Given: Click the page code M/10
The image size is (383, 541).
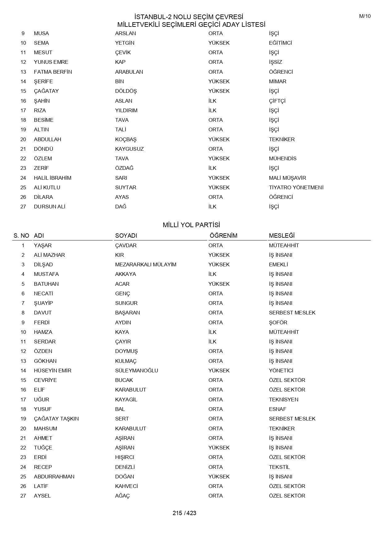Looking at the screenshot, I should pos(364,16).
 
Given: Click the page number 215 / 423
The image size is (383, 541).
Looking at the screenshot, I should pos(184,513).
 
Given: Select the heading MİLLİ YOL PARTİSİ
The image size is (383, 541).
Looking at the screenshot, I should pos(191,225).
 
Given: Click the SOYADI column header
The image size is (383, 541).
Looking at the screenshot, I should pos(126,236).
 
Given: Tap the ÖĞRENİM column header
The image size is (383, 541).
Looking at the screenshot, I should pos(223,236).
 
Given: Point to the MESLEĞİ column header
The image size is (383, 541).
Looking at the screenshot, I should pos(281,236).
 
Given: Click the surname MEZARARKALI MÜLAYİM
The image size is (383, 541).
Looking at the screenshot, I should pos(145,264).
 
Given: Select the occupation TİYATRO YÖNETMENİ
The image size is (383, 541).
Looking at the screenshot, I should pos(296,187).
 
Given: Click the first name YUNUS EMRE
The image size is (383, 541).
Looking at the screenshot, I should pos(51,62).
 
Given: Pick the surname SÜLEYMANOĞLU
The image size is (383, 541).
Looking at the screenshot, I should pos(137,371).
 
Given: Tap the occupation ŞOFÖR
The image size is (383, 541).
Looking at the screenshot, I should pos(278,322).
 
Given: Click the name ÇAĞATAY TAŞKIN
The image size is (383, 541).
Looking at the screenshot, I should pos(56,419).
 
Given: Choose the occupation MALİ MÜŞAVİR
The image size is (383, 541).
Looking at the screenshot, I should pos(287,178).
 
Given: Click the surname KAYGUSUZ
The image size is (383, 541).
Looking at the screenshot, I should pos(129,149).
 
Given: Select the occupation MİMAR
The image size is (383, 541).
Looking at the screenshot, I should pos(277,81).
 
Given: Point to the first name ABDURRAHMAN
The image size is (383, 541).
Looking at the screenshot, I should pos(54,477).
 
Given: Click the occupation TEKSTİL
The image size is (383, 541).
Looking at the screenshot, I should pos(279,467).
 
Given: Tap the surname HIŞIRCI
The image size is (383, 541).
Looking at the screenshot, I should pos(124,457).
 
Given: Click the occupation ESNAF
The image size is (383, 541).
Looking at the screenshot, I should pos(277,409).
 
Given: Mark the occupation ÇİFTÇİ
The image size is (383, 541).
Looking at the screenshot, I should pos(277,101).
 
